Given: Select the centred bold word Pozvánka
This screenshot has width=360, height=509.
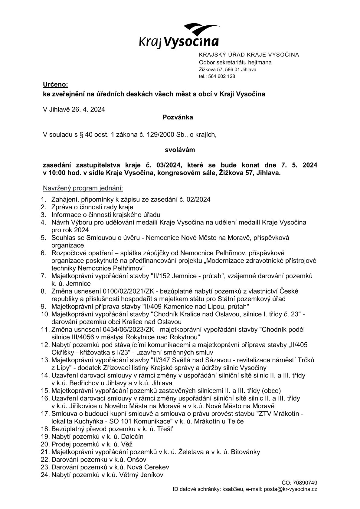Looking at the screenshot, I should point(178,117).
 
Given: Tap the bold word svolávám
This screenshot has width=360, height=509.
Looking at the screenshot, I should point(180,150).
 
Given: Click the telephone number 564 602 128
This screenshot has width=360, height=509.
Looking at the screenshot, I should point(221,77).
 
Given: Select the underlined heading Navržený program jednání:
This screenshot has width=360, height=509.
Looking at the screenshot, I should point(83,188).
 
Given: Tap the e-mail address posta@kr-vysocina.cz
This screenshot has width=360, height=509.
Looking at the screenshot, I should point(290,489).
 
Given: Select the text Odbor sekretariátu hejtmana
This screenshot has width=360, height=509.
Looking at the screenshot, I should point(235,63).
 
